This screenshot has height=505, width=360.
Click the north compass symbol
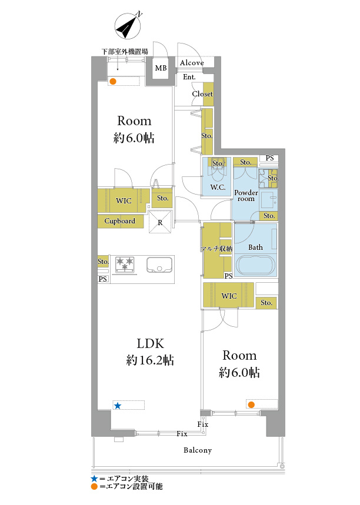click(x=128, y=25)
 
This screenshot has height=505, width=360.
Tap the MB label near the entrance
click(x=161, y=68)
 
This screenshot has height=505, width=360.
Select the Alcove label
click(x=192, y=63)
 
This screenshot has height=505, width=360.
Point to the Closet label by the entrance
click(x=202, y=93)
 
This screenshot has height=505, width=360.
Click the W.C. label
click(x=218, y=187)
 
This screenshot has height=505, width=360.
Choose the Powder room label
click(x=246, y=196)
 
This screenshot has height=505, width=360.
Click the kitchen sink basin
click(x=159, y=265)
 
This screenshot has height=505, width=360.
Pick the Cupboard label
click(x=119, y=221)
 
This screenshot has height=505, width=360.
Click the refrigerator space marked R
click(x=160, y=222)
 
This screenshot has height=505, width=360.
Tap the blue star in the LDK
click(x=118, y=406)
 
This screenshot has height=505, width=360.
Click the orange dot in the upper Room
click(x=112, y=81)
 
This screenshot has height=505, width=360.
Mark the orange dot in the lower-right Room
click(x=251, y=404)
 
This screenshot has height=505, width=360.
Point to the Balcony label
click(x=198, y=450)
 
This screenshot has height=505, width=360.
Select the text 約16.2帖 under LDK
click(x=150, y=360)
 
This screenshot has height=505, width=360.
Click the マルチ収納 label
click(x=216, y=249)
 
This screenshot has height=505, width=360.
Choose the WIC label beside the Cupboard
click(x=124, y=200)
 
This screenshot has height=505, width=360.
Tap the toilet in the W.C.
click(x=218, y=170)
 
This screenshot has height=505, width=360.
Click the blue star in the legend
click(x=94, y=479)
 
